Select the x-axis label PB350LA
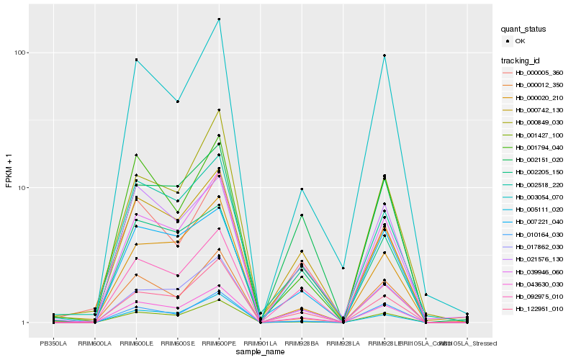pyautogui.click(x=53, y=343)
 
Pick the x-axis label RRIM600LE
pyautogui.click(x=136, y=343)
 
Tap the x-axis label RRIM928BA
pyautogui.click(x=302, y=343)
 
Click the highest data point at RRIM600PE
pyautogui.click(x=219, y=19)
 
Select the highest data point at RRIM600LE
pyautogui.click(x=136, y=60)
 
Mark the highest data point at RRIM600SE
pyautogui.click(x=178, y=102)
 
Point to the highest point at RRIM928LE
pyautogui.click(x=384, y=55)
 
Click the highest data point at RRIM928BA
pyautogui.click(x=302, y=189)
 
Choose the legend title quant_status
pyautogui.click(x=524, y=30)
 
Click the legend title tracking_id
pyautogui.click(x=521, y=60)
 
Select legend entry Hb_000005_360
pyautogui.click(x=539, y=73)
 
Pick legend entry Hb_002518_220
pyautogui.click(x=539, y=185)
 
